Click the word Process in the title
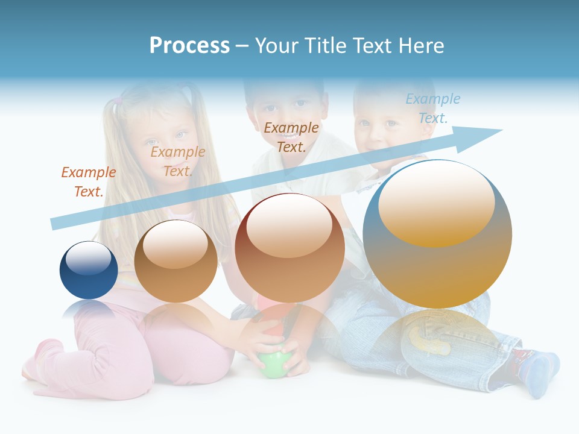[189, 45]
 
